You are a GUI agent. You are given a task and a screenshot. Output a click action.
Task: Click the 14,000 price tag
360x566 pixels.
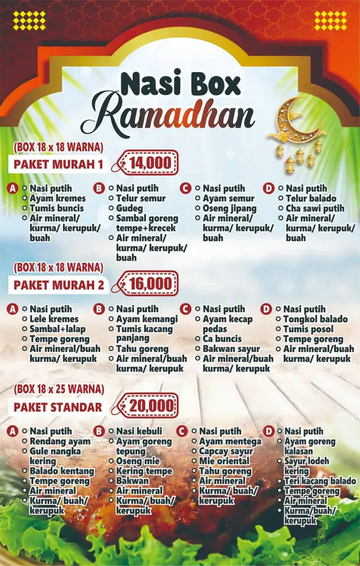point(149,164)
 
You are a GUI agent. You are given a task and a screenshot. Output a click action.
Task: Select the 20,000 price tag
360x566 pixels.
point(151,406)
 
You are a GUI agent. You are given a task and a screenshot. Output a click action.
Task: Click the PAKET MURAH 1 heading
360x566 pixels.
point(59,165)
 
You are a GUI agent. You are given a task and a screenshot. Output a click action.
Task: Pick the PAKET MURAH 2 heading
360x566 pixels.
point(59,285)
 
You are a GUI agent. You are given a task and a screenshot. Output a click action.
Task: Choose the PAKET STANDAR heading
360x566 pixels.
point(58,407)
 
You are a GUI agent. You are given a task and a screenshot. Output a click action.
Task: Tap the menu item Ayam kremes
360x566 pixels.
point(57,198)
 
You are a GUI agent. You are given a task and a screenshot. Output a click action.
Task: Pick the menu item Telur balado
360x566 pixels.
point(311,198)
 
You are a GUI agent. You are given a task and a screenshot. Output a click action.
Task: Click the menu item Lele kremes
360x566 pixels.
point(54,319)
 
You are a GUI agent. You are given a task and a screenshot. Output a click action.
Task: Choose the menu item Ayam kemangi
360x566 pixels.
point(147,319)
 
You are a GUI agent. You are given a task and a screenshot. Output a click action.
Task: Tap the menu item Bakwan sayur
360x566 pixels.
point(232,349)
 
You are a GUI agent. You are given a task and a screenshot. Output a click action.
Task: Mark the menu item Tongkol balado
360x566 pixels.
point(315,319)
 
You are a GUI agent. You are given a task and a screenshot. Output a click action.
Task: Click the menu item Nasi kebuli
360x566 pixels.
point(140,431)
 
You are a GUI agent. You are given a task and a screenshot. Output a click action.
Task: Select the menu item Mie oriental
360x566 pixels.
point(224,461)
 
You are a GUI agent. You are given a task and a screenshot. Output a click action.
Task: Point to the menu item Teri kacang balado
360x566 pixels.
point(320,481)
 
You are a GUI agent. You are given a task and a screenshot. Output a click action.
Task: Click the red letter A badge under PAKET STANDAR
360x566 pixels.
point(12,431)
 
